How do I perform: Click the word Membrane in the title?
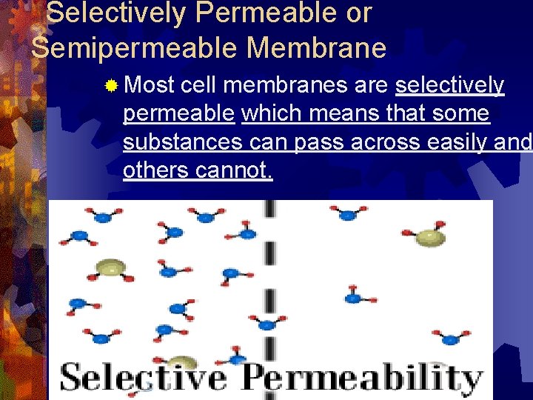(x=317, y=48)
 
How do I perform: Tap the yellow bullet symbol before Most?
(x=110, y=87)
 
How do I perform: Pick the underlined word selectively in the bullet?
(x=450, y=86)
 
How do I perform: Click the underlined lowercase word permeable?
(x=178, y=114)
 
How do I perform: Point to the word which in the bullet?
(x=275, y=114)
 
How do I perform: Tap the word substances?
(x=182, y=142)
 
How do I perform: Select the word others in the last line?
(x=156, y=170)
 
